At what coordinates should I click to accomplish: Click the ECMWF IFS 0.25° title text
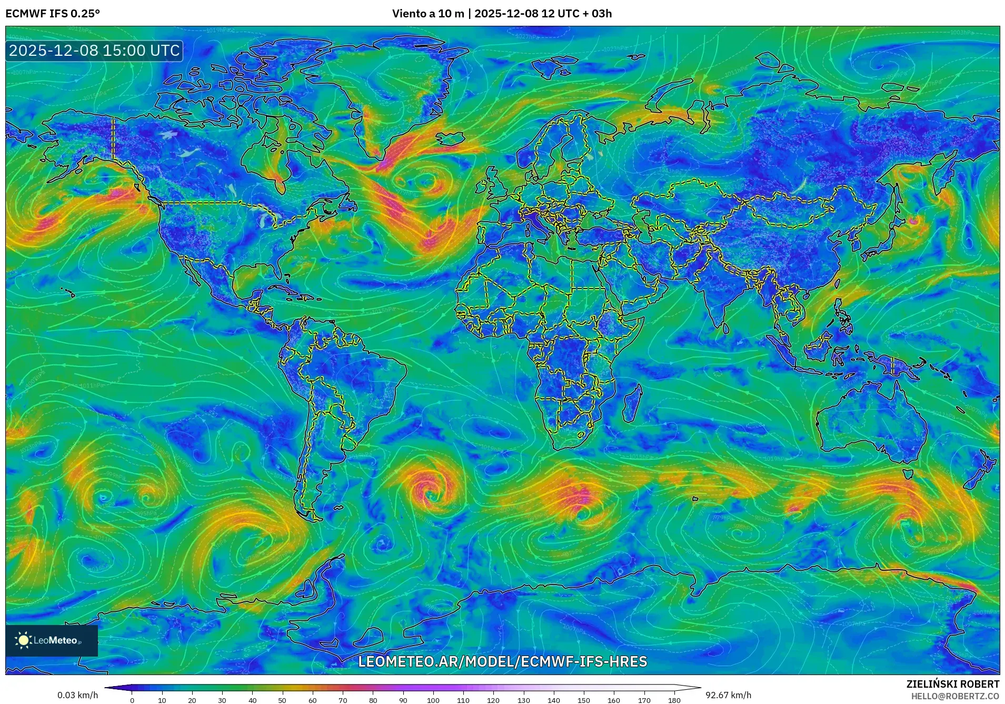pos(53,13)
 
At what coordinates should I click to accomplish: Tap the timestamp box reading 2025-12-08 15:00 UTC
pos(94,51)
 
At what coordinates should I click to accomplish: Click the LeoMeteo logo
pos(52,640)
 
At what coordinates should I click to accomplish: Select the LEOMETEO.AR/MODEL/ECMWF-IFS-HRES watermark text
pos(502,661)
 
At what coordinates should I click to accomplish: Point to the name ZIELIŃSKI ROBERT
pos(952,684)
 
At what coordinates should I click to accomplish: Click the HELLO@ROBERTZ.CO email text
pos(955,696)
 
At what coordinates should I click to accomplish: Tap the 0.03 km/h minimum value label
pos(77,695)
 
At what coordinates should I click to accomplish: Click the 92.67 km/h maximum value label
pos(728,695)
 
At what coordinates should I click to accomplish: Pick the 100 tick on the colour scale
pos(433,700)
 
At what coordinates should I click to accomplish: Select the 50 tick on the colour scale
pos(282,700)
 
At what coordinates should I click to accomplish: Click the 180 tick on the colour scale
pos(674,700)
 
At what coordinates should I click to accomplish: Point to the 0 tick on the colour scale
pos(132,700)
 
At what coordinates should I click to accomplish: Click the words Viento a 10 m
pos(427,14)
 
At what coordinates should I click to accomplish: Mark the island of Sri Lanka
pos(726,328)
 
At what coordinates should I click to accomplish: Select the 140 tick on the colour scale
pos(554,700)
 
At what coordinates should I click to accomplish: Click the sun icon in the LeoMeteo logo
pos(24,640)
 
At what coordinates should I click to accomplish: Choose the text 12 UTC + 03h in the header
pos(576,14)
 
